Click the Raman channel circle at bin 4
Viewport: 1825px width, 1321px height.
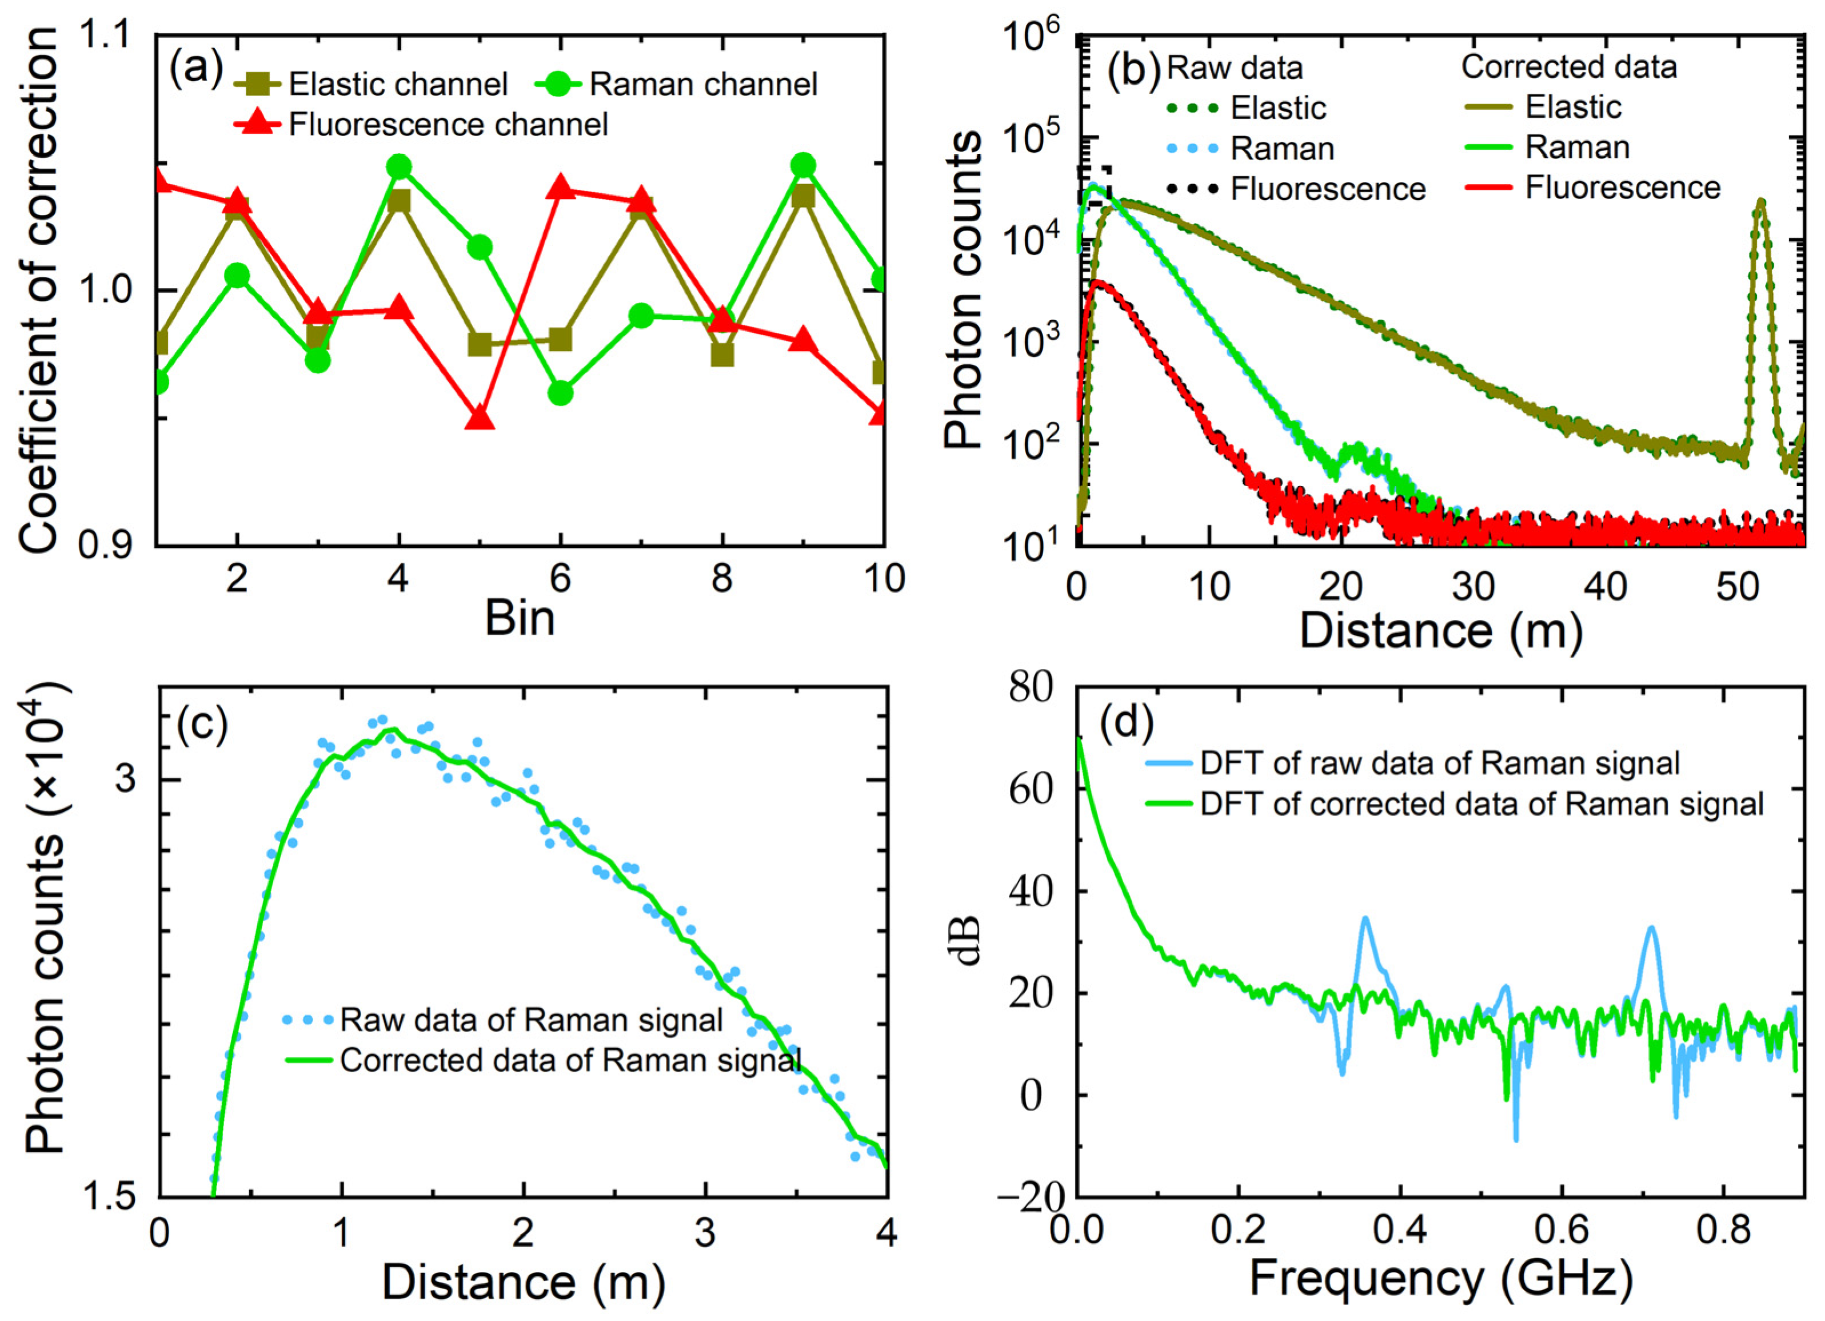click(x=398, y=166)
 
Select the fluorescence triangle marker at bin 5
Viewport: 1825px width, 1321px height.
click(x=480, y=419)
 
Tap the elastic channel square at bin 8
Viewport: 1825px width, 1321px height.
click(x=722, y=354)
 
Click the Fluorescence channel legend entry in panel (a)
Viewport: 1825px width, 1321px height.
click(x=448, y=125)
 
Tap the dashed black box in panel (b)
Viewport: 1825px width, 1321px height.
click(x=1095, y=186)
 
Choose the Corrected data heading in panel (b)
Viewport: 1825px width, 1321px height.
click(x=1568, y=67)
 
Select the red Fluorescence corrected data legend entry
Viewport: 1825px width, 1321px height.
click(x=1622, y=188)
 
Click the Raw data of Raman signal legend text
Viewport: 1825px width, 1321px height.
click(x=531, y=1020)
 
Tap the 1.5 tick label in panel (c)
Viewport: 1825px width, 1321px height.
click(x=112, y=1197)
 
